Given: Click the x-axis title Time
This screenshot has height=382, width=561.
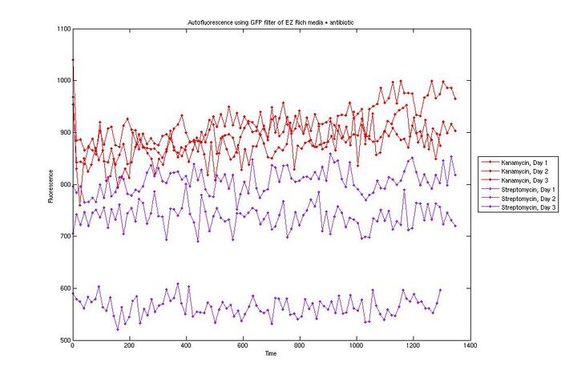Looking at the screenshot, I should (270, 354).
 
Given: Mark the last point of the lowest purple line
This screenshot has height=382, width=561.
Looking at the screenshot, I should (440, 290).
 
